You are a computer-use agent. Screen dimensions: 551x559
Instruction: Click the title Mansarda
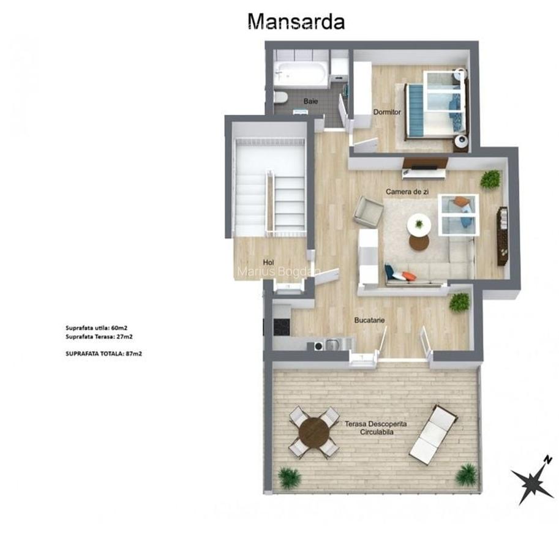coord(296,21)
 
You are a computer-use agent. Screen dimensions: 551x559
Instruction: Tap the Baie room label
coord(310,101)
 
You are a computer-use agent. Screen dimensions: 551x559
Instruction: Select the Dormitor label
coord(387,112)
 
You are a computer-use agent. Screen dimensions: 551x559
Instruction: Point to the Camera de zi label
coord(407,192)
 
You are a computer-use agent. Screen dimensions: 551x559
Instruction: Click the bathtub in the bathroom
coord(301,75)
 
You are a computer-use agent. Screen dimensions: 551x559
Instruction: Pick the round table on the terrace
coord(313,432)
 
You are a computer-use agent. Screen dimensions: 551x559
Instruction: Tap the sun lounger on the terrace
coord(433,433)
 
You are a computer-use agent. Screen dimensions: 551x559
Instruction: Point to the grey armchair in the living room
coord(367,211)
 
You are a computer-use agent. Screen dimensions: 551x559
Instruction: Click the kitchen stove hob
coord(281,327)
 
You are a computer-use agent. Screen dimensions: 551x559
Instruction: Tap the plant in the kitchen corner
coord(459,302)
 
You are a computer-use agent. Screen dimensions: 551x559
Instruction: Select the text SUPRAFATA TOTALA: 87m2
coord(103,353)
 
